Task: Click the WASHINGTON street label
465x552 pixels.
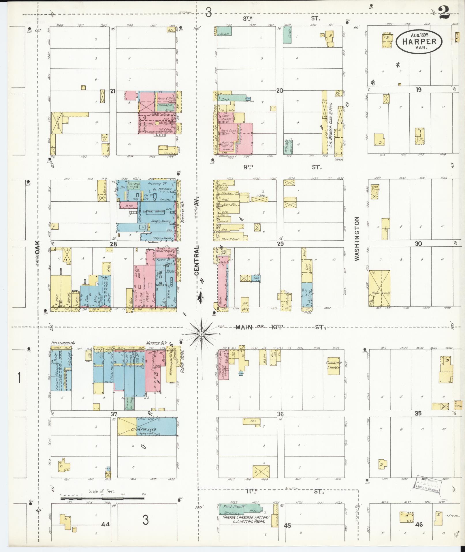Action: click(x=358, y=239)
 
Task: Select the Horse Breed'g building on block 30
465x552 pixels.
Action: click(x=379, y=288)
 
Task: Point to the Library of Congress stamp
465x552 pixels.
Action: click(x=427, y=484)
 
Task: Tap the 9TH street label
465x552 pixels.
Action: click(x=247, y=167)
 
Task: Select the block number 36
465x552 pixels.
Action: click(x=280, y=414)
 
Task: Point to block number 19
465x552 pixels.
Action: click(x=418, y=89)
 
